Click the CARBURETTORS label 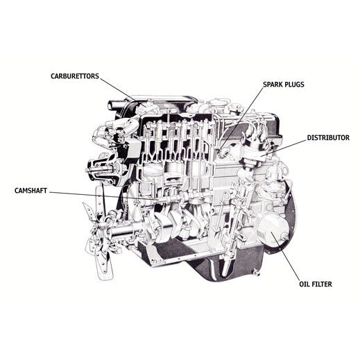[75, 76]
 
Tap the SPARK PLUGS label [284, 85]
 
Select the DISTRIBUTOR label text [328, 137]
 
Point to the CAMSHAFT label [31, 191]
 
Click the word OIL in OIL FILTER [305, 284]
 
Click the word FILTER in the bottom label [322, 284]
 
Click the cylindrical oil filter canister [273, 228]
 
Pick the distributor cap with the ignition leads [255, 141]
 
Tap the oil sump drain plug [256, 273]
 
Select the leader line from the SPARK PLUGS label [241, 120]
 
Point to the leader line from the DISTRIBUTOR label [283, 148]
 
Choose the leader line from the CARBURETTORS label [123, 92]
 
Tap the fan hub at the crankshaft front [102, 229]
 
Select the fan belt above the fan [101, 199]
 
